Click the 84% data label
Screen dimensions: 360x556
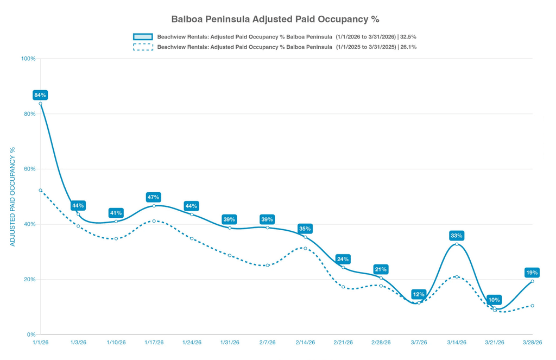pos(40,95)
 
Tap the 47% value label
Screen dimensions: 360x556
pos(153,197)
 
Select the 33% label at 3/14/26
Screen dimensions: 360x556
pos(456,236)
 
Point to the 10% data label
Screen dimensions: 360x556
pos(494,300)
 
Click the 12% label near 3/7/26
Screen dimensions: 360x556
pos(419,294)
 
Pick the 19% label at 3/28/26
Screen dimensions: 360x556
pos(532,273)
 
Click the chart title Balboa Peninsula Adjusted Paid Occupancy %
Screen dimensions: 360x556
pos(275,19)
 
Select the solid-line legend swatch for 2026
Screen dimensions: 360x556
pos(143,37)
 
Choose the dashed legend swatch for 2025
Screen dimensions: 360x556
pos(143,47)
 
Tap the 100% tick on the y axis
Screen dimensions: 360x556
pos(28,59)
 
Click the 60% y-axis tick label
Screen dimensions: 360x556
pos(29,169)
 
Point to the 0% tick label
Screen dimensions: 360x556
pos(31,334)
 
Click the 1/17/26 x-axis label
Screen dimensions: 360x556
pos(154,343)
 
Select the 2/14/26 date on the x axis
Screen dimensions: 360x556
pos(305,343)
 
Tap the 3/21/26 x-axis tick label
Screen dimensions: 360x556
pos(494,343)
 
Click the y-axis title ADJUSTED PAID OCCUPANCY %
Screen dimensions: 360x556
pos(12,197)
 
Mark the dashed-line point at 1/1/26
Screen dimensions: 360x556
pos(41,191)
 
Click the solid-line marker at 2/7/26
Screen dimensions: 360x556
pos(268,228)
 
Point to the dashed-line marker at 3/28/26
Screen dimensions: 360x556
pos(532,306)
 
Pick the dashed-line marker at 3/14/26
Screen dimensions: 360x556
pos(457,277)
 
